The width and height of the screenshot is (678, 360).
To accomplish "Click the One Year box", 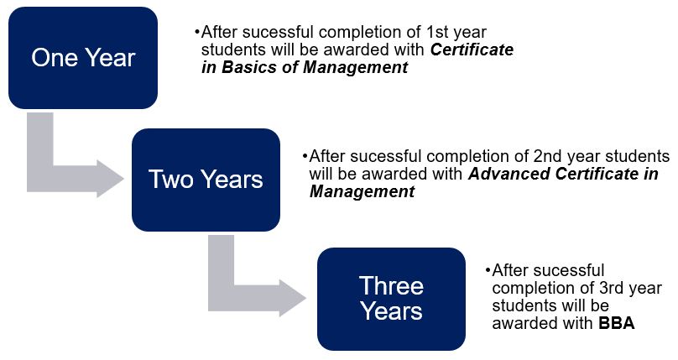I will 83,58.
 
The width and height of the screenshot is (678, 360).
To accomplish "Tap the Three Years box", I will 391,299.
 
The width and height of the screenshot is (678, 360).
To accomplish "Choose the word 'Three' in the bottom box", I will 391,285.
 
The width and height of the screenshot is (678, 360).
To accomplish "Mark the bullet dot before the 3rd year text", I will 488,271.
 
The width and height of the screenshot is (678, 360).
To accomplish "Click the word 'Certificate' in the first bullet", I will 472,50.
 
